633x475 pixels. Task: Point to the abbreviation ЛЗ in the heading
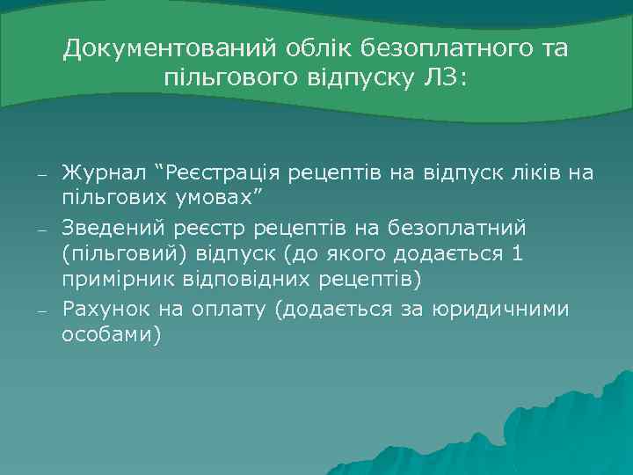pyautogui.click(x=444, y=78)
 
